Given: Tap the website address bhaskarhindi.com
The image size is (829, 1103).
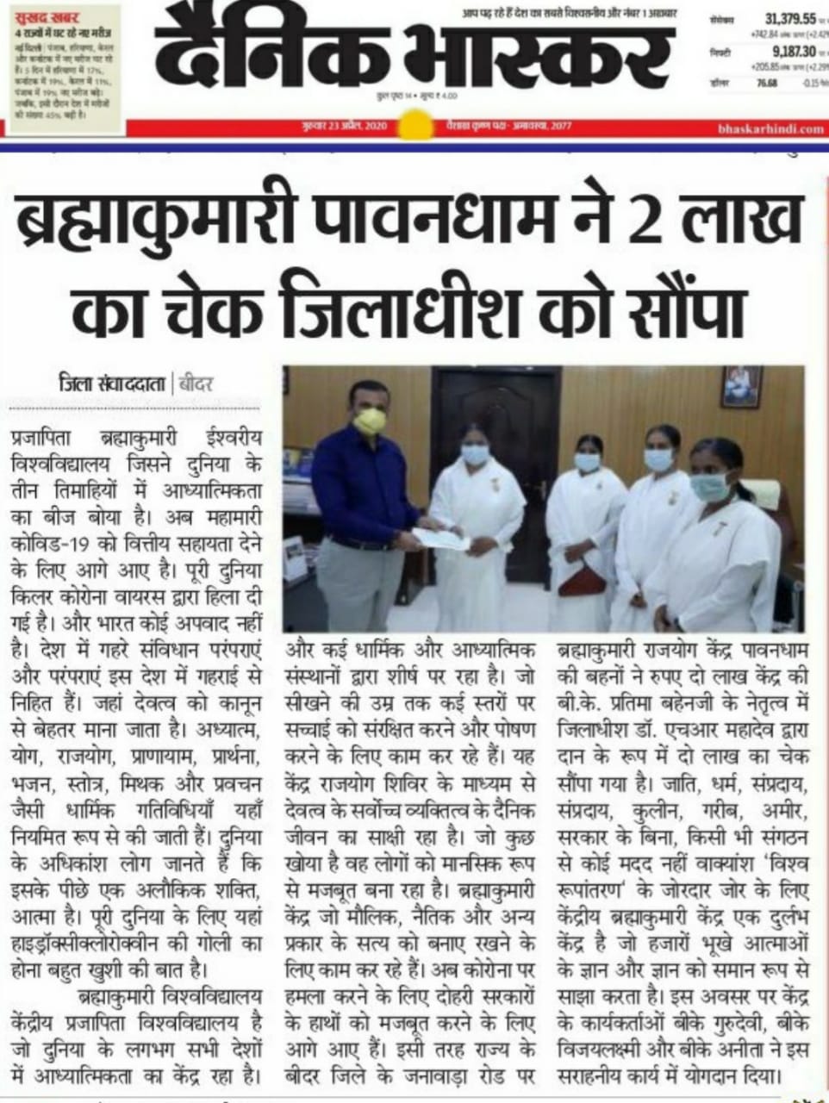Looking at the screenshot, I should pos(770,129).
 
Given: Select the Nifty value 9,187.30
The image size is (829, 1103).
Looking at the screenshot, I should pos(795,51).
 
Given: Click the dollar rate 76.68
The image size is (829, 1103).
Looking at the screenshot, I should pos(766,83).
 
